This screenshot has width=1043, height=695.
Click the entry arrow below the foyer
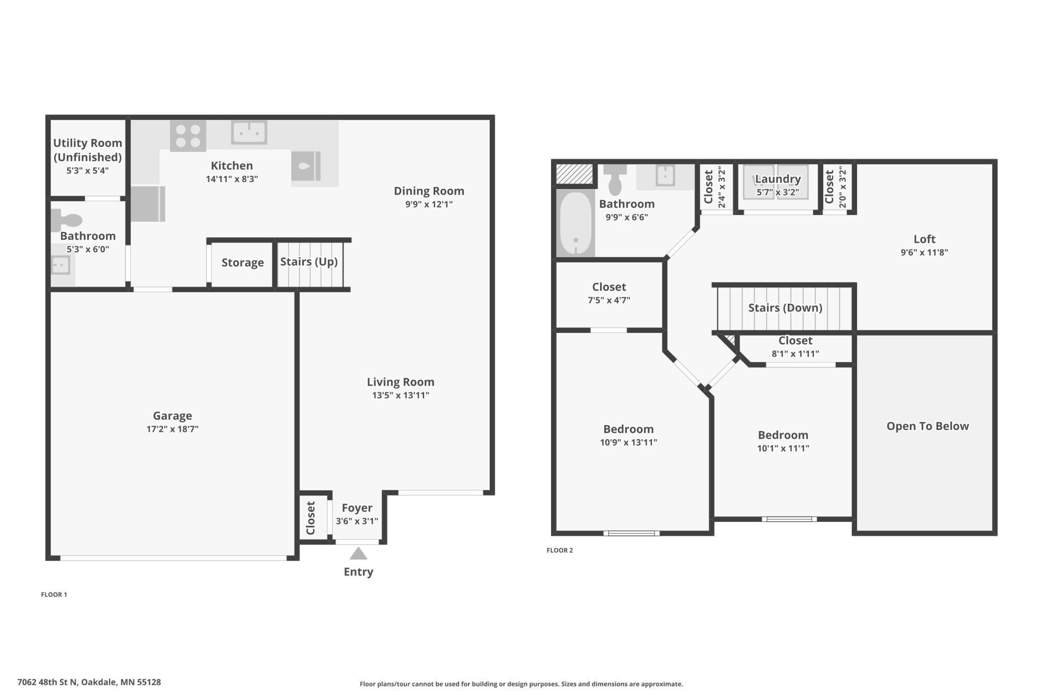358,554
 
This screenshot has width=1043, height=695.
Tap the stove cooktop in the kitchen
188,135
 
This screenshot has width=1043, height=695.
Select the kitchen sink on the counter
249,132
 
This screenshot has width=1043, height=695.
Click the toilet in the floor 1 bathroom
66,220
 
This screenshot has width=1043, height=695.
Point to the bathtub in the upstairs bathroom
576,224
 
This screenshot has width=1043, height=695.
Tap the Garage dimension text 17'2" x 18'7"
172,429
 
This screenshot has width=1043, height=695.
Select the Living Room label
401,382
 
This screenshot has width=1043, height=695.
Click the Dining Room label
429,191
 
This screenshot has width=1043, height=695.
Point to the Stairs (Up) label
309,262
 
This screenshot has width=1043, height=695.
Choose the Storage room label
243,263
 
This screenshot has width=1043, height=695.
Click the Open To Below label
928,426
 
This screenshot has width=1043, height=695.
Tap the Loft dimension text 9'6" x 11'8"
924,253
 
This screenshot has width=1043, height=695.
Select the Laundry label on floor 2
778,179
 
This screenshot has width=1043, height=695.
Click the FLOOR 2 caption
560,550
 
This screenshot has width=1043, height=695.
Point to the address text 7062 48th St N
48,682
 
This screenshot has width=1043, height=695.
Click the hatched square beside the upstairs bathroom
575,174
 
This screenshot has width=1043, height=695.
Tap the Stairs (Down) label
785,308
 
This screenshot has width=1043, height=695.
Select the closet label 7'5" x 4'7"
609,300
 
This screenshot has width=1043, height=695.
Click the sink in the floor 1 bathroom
61,265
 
